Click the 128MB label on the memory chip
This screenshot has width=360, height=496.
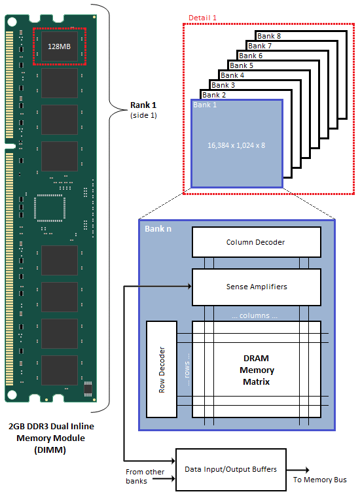pyautogui.click(x=60, y=46)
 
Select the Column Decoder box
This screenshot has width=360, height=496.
pyautogui.click(x=256, y=242)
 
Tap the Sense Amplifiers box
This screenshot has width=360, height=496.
pyautogui.click(x=256, y=287)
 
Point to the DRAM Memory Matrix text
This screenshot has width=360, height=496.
pyautogui.click(x=256, y=370)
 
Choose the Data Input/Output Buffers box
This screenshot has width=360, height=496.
pyautogui.click(x=230, y=470)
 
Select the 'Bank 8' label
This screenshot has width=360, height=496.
pyautogui.click(x=269, y=37)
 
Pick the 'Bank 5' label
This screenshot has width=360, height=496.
pyautogui.click(x=242, y=65)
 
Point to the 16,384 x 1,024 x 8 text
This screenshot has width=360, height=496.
pyautogui.click(x=236, y=145)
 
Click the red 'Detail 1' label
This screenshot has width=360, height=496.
pyautogui.click(x=202, y=17)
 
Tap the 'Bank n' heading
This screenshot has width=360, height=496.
pyautogui.click(x=156, y=230)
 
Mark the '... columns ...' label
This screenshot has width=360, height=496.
pyautogui.click(x=256, y=315)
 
